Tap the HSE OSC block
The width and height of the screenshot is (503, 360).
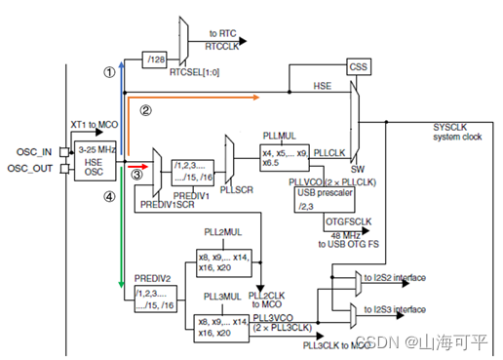click(93, 163)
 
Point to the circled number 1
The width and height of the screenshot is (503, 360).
click(108, 72)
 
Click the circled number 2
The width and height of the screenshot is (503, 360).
click(145, 110)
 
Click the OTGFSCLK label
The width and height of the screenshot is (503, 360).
click(349, 221)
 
